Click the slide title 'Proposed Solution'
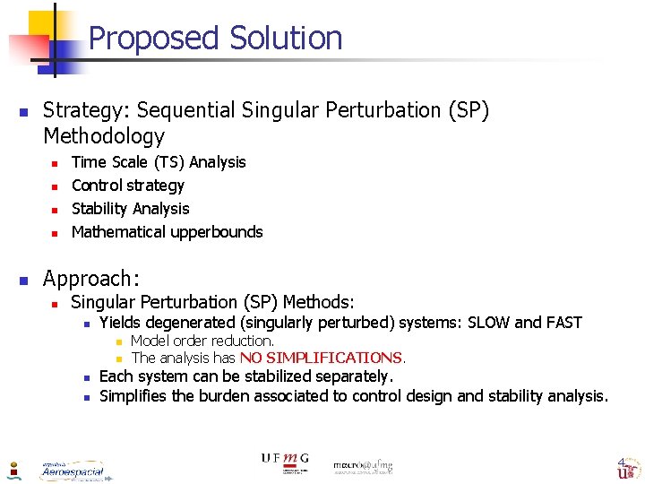click(215, 39)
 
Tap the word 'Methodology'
click(104, 136)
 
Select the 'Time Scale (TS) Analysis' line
click(158, 162)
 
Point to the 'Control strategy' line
click(127, 186)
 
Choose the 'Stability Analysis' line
click(130, 209)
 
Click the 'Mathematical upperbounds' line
click(167, 232)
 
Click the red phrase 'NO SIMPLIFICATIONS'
click(321, 358)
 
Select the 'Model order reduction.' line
click(202, 341)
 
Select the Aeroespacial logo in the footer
click(72, 470)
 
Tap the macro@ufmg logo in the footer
click(363, 465)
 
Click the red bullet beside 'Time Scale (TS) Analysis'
click(54, 163)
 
